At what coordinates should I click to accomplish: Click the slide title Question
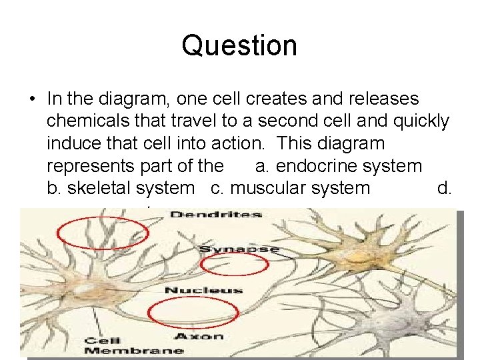[x=239, y=46]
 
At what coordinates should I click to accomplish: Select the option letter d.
[x=443, y=188]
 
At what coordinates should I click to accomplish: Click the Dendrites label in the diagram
[x=216, y=215]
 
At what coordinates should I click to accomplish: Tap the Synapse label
[x=239, y=249]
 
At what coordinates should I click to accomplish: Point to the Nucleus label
[x=203, y=290]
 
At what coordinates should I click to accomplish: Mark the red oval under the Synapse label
[x=234, y=265]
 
